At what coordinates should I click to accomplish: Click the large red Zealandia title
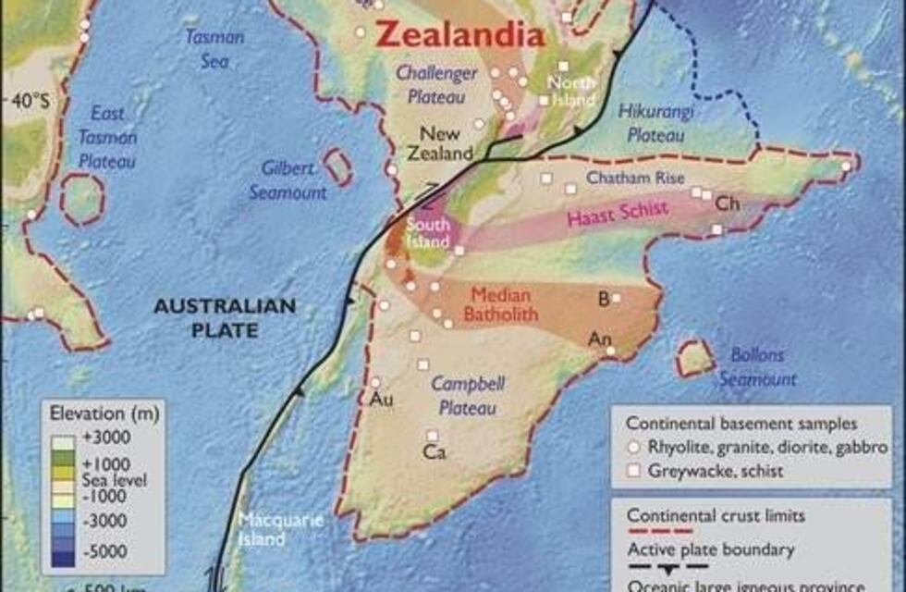pyautogui.click(x=459, y=36)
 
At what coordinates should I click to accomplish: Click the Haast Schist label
pyautogui.click(x=617, y=213)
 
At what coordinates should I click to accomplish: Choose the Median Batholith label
pyautogui.click(x=501, y=305)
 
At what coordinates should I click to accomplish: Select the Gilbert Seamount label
pyautogui.click(x=288, y=181)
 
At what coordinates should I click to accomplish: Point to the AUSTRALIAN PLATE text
pyautogui.click(x=224, y=317)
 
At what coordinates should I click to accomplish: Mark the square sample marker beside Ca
pyautogui.click(x=432, y=435)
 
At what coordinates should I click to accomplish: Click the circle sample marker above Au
pyautogui.click(x=375, y=381)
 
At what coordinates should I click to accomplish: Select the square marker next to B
pyautogui.click(x=616, y=298)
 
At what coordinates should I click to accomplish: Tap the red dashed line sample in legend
pyautogui.click(x=659, y=530)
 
